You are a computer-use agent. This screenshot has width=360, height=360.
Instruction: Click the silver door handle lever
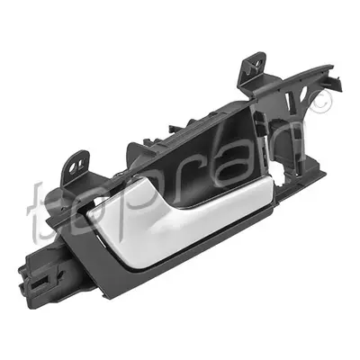[x=180, y=219]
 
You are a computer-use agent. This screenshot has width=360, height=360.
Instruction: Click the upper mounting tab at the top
[x=254, y=65]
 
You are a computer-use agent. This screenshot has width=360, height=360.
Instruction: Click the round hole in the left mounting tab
[x=72, y=168]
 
